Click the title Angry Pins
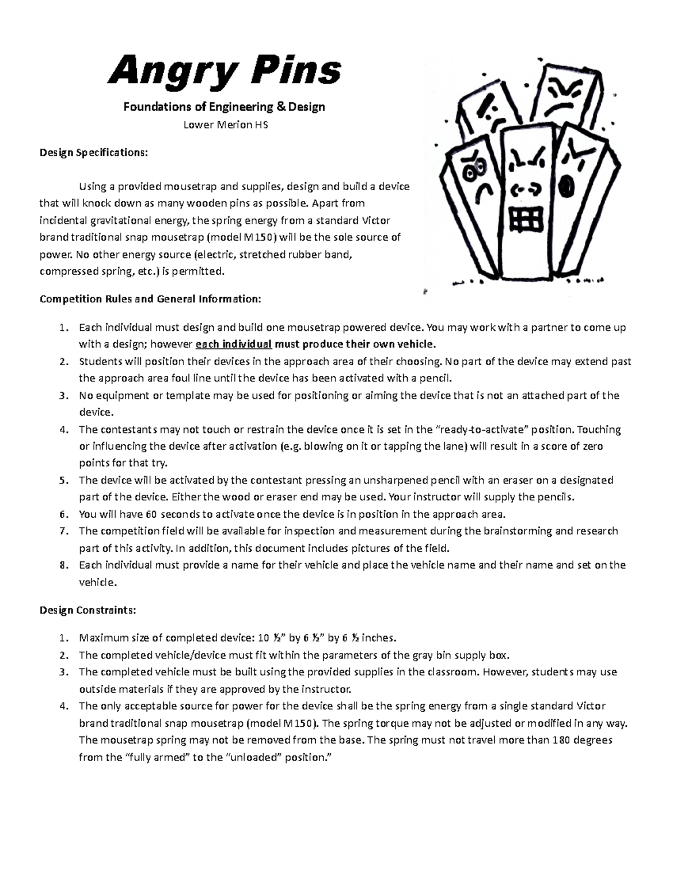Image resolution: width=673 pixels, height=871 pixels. (x=224, y=72)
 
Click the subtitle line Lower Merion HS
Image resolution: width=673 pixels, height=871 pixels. (x=225, y=125)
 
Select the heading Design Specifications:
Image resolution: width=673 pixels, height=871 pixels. (x=94, y=153)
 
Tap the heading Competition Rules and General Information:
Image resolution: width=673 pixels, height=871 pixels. (x=150, y=299)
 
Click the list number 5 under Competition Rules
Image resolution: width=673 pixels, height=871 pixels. (x=63, y=481)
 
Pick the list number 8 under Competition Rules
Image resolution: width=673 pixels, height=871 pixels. (x=63, y=565)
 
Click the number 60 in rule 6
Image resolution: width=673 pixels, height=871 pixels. (x=151, y=514)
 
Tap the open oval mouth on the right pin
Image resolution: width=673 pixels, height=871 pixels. (x=568, y=187)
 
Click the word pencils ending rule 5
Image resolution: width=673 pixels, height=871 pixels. (x=556, y=497)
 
